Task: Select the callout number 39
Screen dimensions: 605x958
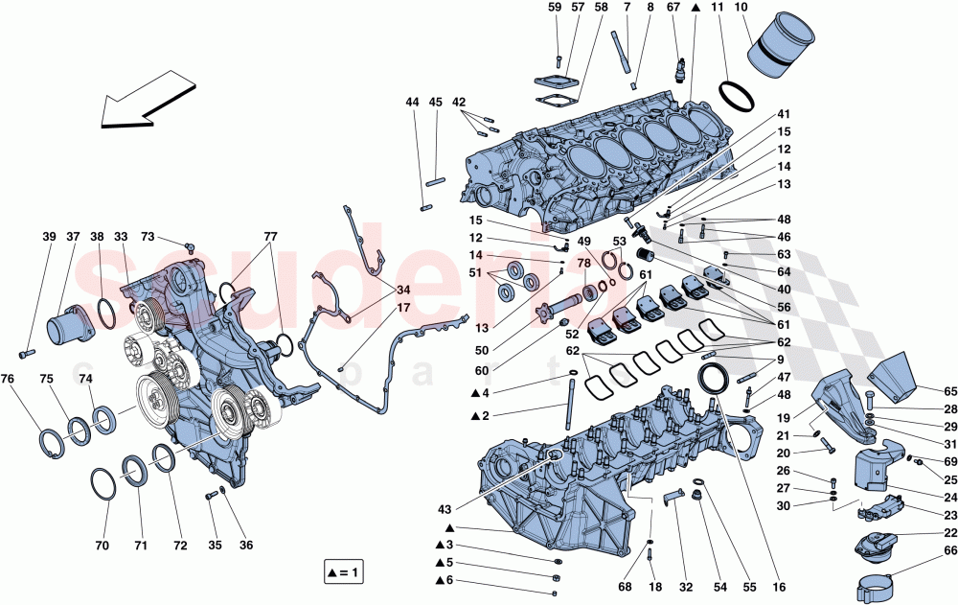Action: point(49,238)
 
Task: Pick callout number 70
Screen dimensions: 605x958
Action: point(103,546)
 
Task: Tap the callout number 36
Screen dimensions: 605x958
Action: point(245,546)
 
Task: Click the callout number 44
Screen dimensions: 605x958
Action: point(412,102)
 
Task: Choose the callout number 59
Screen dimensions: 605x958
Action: point(555,8)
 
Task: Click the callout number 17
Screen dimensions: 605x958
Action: point(376,308)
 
